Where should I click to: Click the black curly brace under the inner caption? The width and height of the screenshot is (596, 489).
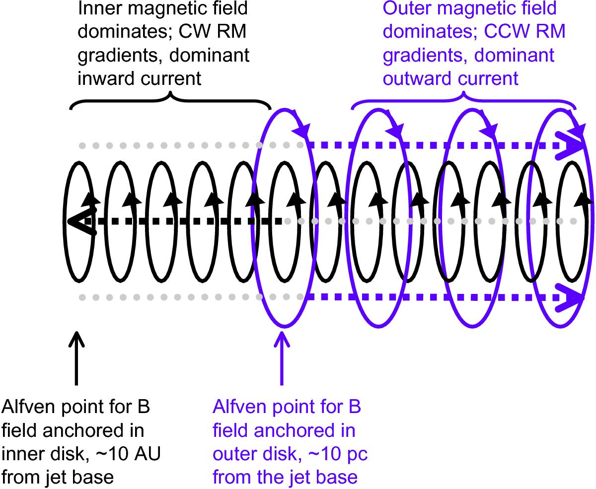point(170,99)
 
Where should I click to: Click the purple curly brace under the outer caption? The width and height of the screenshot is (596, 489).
point(463,99)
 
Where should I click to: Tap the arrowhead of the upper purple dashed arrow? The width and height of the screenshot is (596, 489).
point(571,145)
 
